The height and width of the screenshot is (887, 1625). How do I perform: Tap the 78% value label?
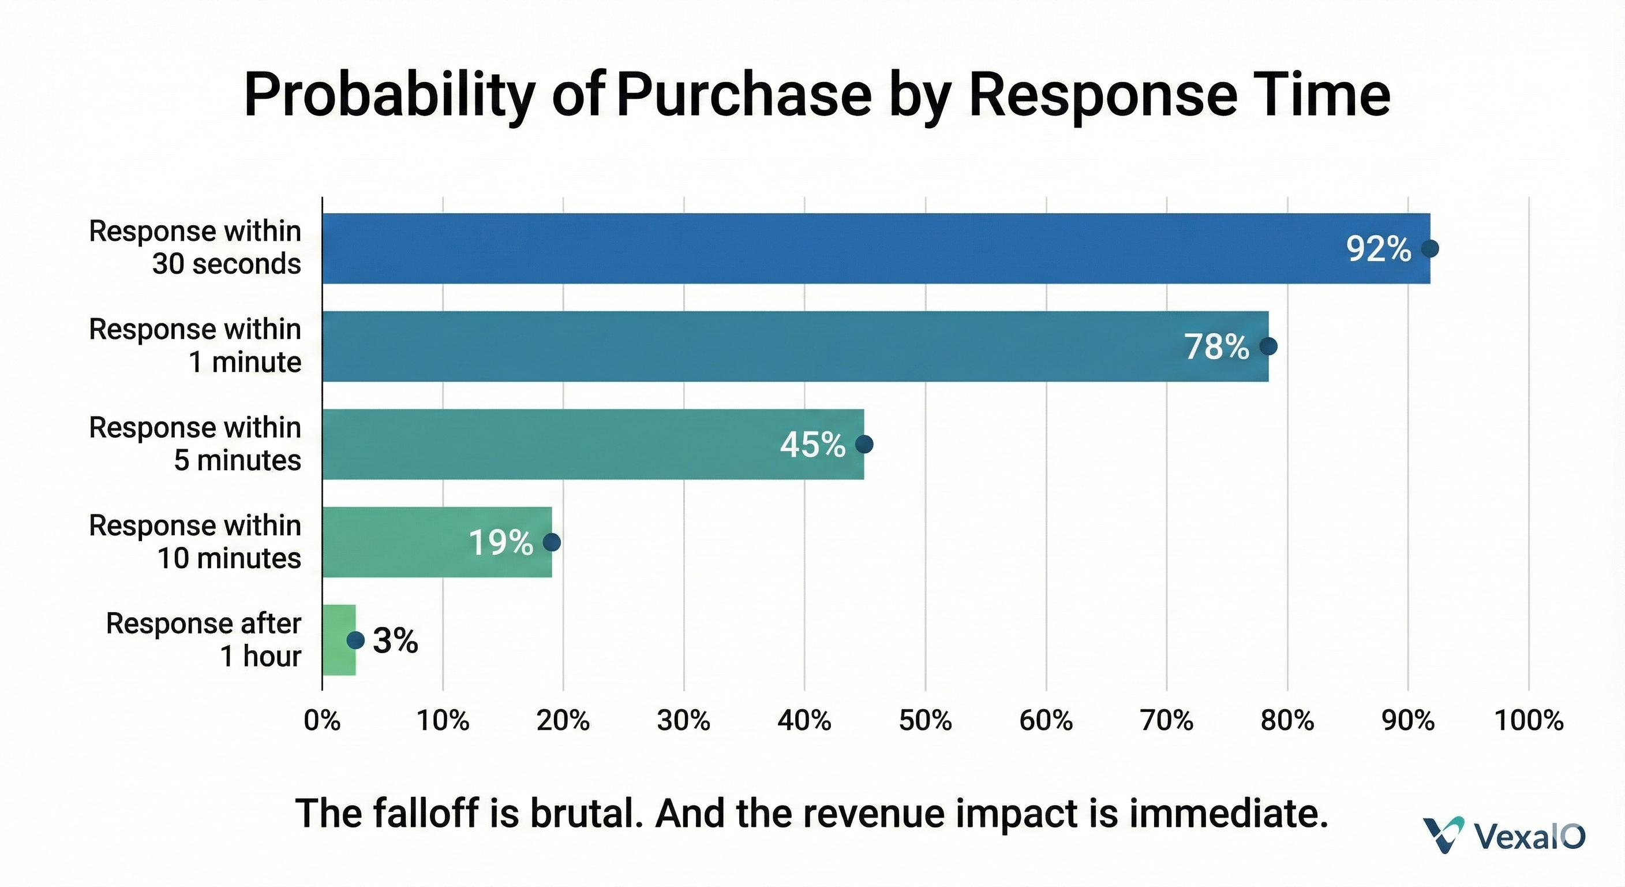pos(1216,346)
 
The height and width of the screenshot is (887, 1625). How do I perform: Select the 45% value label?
pos(812,445)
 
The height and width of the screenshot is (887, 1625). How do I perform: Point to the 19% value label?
pos(501,542)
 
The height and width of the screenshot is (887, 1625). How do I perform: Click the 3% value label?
pos(395,641)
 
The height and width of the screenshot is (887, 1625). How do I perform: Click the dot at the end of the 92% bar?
pos(1430,249)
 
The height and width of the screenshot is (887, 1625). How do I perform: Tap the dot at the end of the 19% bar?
pos(552,542)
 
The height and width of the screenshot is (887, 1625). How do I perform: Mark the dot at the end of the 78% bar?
pos(1268,346)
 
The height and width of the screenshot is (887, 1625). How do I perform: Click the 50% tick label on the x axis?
pos(926,720)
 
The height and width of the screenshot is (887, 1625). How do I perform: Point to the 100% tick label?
pos(1529,720)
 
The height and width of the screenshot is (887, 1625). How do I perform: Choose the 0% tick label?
pos(323,720)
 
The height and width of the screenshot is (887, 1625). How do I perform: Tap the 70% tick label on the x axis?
pos(1167,720)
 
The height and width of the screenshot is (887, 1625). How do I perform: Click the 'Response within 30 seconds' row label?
pos(195,248)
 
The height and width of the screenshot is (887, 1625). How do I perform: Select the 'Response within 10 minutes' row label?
pos(195,542)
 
